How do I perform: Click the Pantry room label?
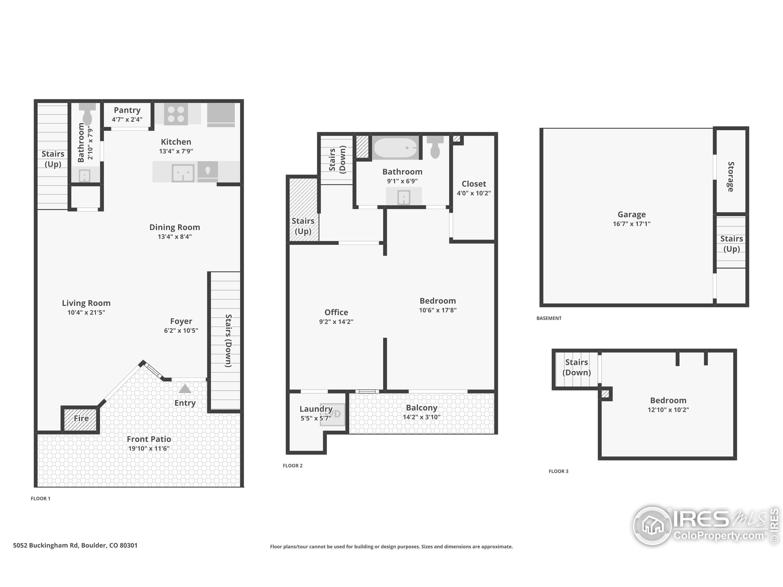[x=127, y=110]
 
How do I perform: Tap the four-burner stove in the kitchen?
[x=176, y=114]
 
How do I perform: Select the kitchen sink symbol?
[x=183, y=173]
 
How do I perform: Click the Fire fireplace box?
[x=81, y=419]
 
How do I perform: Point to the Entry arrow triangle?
[x=185, y=389]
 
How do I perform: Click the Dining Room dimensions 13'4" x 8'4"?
[x=175, y=237]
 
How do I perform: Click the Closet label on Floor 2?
[x=473, y=184]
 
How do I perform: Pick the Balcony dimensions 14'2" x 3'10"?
[x=421, y=417]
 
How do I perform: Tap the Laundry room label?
[x=316, y=409]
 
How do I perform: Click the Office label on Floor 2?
[x=336, y=312]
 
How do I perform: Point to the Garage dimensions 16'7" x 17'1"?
[x=632, y=223]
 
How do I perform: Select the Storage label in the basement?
[x=731, y=177]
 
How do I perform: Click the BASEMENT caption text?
[x=549, y=318]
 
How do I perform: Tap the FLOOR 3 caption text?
[x=558, y=471]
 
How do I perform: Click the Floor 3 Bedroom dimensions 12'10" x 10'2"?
[x=668, y=410]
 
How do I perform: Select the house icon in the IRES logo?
[x=653, y=526]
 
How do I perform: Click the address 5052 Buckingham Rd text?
[x=75, y=545]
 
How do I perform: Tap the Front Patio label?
[x=149, y=439]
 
